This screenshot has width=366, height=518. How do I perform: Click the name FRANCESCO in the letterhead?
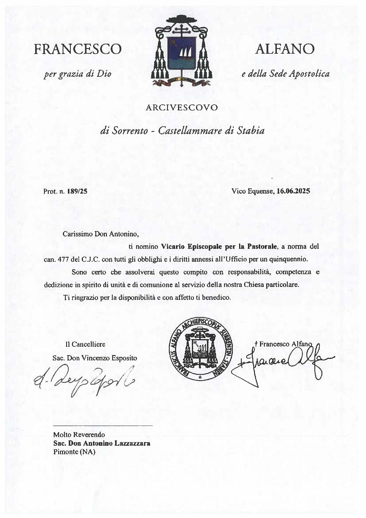coord(78,49)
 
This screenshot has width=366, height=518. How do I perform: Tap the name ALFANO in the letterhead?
coord(285,49)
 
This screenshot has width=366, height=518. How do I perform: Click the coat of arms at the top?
coord(182,52)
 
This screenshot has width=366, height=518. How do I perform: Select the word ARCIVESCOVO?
coord(182,107)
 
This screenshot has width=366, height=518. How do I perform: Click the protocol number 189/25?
coord(77,191)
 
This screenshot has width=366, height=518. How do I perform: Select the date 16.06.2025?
coord(293,191)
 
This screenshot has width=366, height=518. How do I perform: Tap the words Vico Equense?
coord(253,191)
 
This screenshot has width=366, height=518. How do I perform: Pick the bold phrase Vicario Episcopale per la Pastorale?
coord(219,246)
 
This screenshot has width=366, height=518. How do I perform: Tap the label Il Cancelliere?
coord(85,344)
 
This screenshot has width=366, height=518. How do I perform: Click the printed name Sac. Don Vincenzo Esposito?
coord(95,358)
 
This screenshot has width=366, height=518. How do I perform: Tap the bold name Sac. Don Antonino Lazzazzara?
coord(102,443)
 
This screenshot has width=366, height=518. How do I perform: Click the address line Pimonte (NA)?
coord(74,452)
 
